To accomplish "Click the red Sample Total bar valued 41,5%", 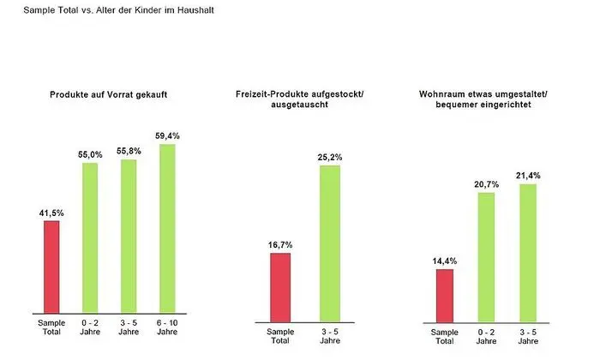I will [51, 267].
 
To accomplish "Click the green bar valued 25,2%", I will [330, 243].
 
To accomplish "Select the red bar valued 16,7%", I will [280, 287].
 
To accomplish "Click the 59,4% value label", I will [167, 135].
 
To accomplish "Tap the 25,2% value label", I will [330, 157].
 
